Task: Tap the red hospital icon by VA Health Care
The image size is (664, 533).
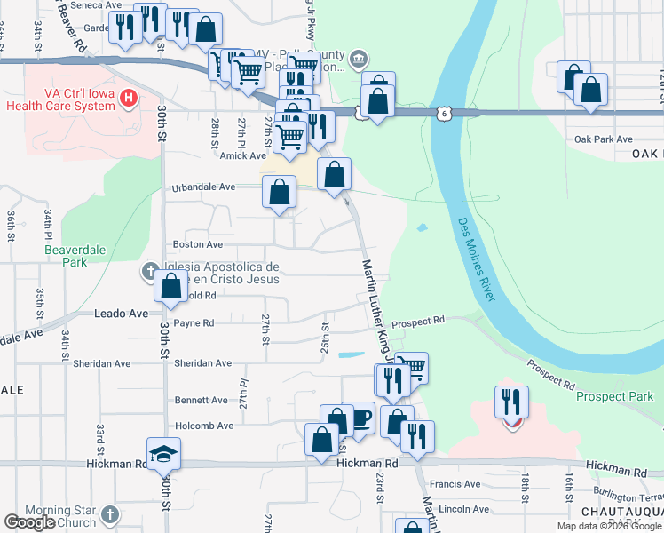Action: coord(130,96)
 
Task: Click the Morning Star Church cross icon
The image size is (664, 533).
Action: coord(109,514)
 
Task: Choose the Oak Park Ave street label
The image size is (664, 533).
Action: coord(603,139)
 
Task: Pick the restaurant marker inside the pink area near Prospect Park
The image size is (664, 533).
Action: coord(511,402)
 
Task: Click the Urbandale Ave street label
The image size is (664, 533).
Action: coord(203,187)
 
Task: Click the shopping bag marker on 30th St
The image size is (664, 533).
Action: coord(170,286)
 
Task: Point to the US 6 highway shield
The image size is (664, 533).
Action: coord(441,113)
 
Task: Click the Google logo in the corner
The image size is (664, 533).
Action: coord(29,522)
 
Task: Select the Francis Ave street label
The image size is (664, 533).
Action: coord(455,484)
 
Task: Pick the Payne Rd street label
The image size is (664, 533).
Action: coord(194,323)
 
